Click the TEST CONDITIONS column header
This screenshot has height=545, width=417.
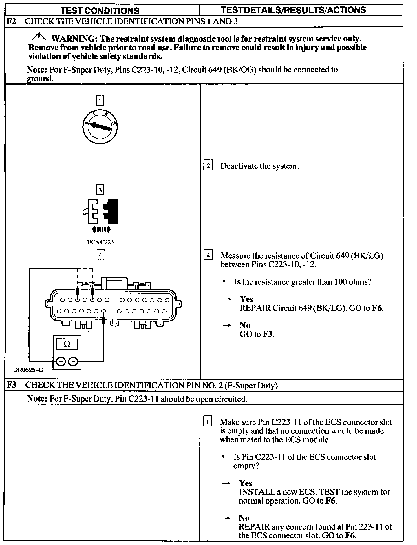[x=100, y=11]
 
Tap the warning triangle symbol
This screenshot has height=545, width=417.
[x=39, y=37]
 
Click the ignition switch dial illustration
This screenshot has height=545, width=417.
[x=100, y=126]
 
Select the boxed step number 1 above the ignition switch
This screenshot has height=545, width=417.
[x=100, y=101]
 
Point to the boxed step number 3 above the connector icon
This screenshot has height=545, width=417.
[x=100, y=190]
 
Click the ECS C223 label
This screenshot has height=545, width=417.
[x=100, y=242]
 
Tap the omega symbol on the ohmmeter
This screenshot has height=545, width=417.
[x=67, y=344]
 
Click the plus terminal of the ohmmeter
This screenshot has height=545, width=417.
[x=61, y=361]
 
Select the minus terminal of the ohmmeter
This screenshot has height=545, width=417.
[x=74, y=361]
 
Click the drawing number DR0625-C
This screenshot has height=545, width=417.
[x=28, y=370]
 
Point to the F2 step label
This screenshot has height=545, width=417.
[x=11, y=21]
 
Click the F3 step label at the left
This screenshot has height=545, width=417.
[x=11, y=385]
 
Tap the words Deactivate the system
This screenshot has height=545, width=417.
[x=259, y=166]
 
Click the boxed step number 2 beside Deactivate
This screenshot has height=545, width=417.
[x=208, y=166]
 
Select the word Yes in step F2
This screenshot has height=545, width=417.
[x=246, y=299]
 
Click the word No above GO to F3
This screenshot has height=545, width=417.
[x=245, y=325]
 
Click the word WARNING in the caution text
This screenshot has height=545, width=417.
[x=74, y=39]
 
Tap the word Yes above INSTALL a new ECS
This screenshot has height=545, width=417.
[x=245, y=483]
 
